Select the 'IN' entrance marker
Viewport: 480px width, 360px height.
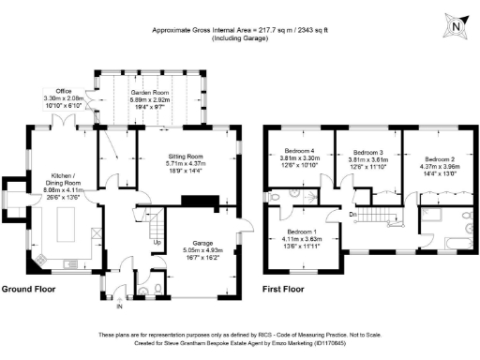click(x=119, y=307)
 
